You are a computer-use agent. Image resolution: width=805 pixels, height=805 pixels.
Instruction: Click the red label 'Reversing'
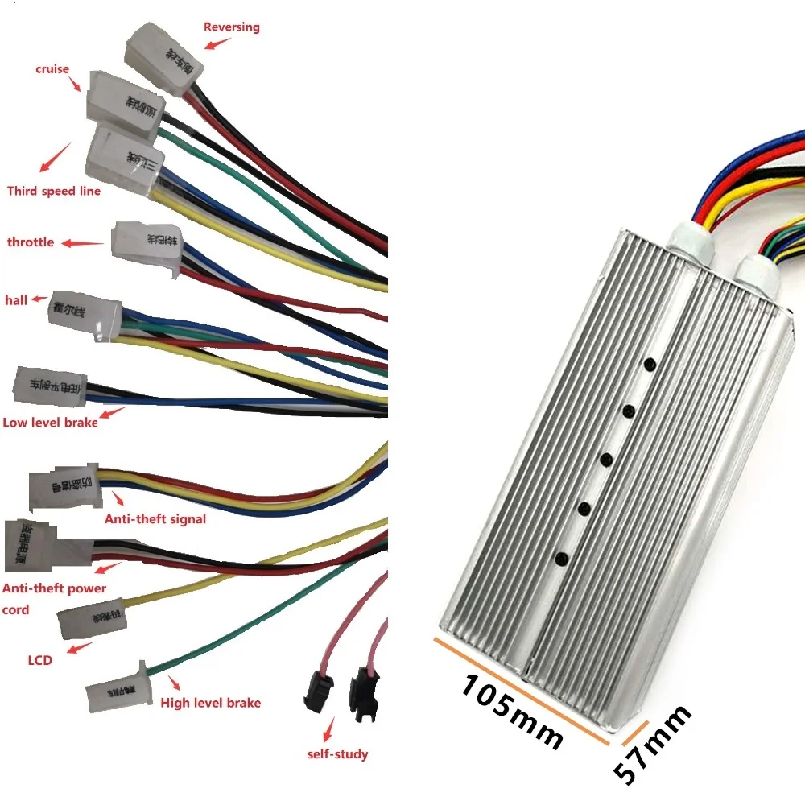pyautogui.click(x=232, y=27)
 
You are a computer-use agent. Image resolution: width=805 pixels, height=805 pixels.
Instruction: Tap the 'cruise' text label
pyautogui.click(x=52, y=68)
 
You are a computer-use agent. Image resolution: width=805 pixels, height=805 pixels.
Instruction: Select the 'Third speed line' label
pyautogui.click(x=54, y=191)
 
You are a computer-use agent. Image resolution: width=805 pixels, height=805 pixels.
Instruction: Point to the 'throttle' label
pyautogui.click(x=31, y=242)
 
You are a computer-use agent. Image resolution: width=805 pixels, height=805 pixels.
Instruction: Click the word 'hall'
pyautogui.click(x=17, y=300)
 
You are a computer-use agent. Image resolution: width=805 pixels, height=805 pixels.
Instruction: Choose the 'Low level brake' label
pyautogui.click(x=50, y=422)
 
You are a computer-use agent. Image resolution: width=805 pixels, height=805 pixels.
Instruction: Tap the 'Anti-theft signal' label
pyautogui.click(x=155, y=518)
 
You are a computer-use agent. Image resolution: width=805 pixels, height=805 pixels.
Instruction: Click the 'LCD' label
pyautogui.click(x=39, y=660)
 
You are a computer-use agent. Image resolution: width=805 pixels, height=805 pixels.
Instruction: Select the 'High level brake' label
pyautogui.click(x=211, y=703)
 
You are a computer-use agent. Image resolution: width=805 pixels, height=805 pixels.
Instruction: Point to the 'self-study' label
pyautogui.click(x=338, y=754)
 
